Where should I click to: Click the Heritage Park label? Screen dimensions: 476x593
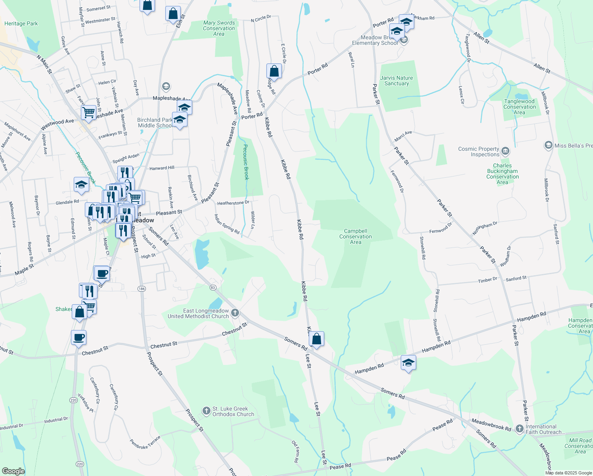21,24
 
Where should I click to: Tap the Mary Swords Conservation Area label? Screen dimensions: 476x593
219,29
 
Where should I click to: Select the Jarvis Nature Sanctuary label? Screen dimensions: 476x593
396,81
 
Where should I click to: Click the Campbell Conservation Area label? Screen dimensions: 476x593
356,237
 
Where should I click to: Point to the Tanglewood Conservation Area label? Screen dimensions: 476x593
519,107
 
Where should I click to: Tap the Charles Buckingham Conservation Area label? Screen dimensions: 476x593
502,174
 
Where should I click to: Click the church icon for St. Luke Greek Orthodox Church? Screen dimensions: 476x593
206,411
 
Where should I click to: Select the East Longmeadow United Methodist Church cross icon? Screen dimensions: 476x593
235,313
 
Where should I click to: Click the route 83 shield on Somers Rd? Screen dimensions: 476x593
213,287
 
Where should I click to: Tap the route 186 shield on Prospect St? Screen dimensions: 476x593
142,289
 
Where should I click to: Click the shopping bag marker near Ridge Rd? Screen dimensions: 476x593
274,72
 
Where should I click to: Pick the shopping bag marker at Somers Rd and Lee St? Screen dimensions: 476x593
316,340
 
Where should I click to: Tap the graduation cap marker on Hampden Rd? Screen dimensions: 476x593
408,363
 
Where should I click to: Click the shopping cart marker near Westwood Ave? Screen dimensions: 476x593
89,113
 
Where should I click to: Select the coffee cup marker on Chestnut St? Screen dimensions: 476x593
79,338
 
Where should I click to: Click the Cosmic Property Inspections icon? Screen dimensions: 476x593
505,151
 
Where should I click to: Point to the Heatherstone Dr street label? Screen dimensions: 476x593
233,203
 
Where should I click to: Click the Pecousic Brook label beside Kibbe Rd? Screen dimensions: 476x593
246,162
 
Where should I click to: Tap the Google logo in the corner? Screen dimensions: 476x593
13,471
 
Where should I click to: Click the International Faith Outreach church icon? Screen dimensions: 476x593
520,429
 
